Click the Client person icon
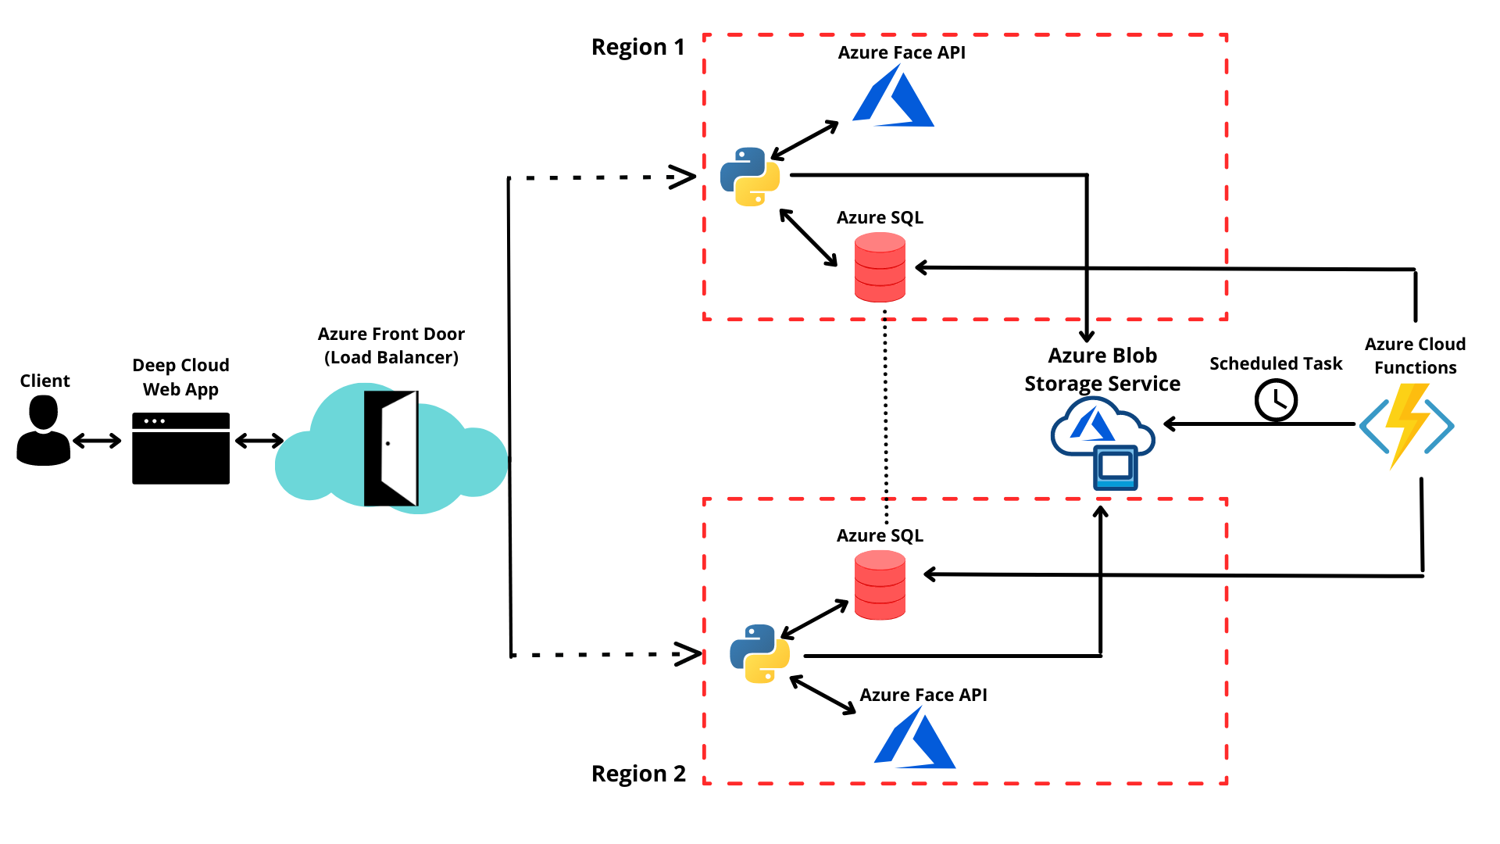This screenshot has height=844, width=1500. (44, 431)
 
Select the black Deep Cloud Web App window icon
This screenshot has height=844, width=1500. (180, 449)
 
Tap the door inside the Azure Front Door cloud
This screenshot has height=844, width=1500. (391, 448)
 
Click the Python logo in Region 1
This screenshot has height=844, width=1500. (749, 177)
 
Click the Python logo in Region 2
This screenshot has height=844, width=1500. (759, 653)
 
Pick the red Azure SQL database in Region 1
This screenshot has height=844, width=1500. (880, 267)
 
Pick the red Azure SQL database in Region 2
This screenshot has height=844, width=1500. (880, 585)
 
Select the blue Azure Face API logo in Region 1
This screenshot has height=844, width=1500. (894, 97)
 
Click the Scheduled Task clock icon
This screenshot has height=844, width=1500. (1276, 400)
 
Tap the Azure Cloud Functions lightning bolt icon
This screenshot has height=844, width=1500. (1406, 425)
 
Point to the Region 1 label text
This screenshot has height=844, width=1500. (637, 47)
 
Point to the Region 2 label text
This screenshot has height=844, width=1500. (637, 774)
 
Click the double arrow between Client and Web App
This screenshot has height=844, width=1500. (97, 441)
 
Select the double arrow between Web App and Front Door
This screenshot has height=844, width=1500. (259, 441)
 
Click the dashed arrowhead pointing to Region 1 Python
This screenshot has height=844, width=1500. (683, 177)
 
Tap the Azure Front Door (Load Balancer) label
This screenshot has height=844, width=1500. (391, 345)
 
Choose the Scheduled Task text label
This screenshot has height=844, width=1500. (1275, 363)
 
